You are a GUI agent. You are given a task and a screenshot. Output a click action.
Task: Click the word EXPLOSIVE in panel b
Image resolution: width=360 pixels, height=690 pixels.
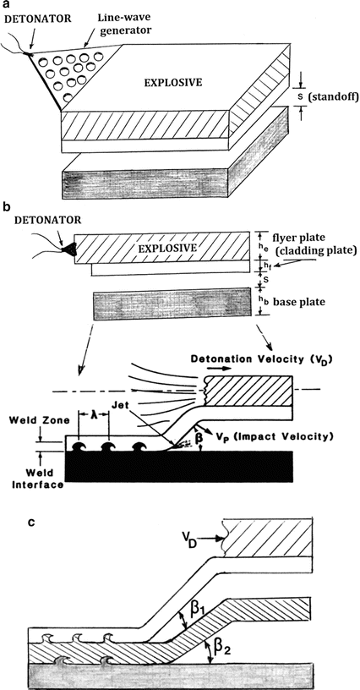167,248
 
